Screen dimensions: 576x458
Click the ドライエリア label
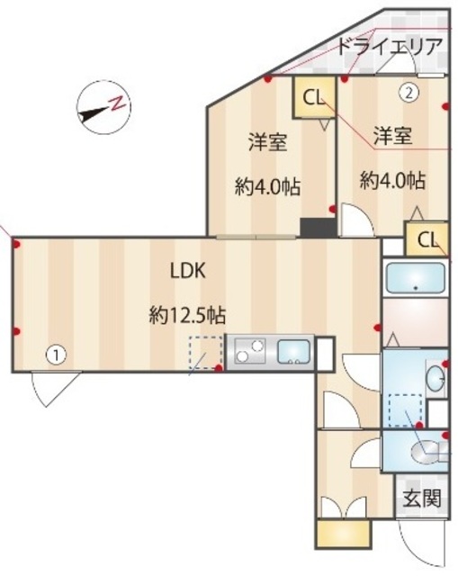click(390, 48)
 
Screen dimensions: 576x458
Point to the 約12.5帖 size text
click(187, 315)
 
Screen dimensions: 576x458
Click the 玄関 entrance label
click(422, 498)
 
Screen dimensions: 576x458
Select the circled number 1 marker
click(56, 355)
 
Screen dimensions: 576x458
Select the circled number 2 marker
click(409, 91)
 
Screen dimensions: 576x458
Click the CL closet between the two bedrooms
click(313, 97)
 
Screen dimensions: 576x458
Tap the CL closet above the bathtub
click(428, 239)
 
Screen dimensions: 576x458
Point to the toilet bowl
click(423, 450)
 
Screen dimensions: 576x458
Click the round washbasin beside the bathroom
click(436, 378)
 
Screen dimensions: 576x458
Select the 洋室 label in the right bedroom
click(392, 136)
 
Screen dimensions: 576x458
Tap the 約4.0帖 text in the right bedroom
click(392, 179)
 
